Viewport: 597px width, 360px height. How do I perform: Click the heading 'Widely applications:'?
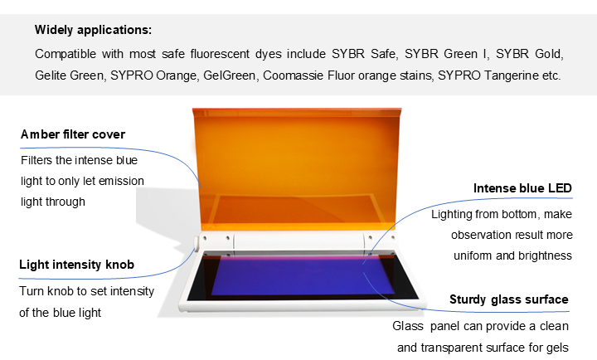point(93,30)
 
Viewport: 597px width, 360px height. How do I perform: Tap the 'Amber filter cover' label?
point(73,134)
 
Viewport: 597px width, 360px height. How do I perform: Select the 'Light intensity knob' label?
point(76,265)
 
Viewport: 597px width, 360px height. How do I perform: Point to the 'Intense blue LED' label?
point(522,188)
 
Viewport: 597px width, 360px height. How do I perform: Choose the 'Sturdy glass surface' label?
point(508,299)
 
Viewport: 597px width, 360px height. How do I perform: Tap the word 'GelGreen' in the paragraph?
point(229,75)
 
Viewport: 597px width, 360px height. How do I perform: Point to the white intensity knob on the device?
point(196,242)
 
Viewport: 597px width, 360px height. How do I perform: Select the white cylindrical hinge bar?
point(298,241)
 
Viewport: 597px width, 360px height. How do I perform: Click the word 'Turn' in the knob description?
point(32,291)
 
